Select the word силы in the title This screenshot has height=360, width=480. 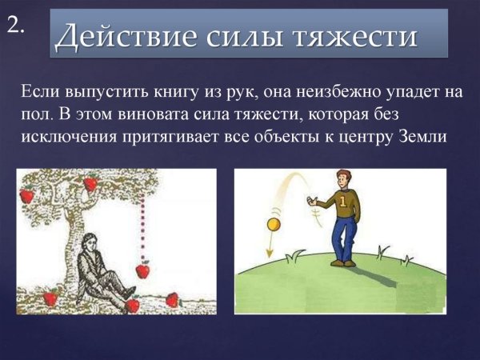(234, 36)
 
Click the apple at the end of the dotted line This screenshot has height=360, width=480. (142, 270)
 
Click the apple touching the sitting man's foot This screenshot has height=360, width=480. (133, 304)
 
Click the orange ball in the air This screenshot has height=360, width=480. (274, 225)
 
